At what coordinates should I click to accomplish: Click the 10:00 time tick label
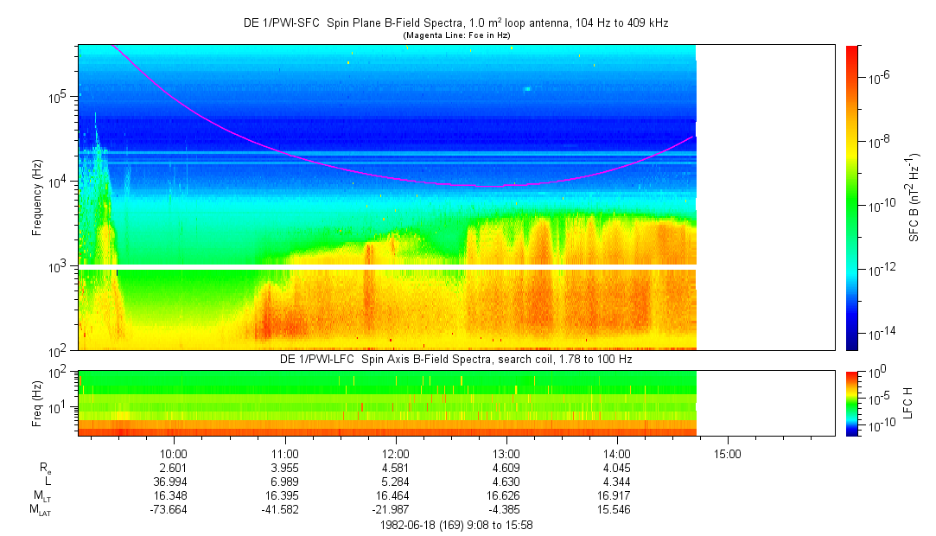tap(175, 452)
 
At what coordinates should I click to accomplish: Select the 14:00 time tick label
tap(617, 452)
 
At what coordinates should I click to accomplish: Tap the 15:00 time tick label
tap(728, 452)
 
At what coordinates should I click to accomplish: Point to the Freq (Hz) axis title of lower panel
tap(37, 403)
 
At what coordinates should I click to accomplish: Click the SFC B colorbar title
tap(913, 198)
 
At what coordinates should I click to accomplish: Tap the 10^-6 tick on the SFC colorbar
tap(877, 78)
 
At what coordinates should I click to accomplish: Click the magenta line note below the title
tap(455, 35)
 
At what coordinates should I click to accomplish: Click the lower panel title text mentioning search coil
tap(455, 358)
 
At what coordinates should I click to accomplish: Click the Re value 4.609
tap(506, 467)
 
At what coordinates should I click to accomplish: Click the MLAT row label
tap(41, 511)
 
